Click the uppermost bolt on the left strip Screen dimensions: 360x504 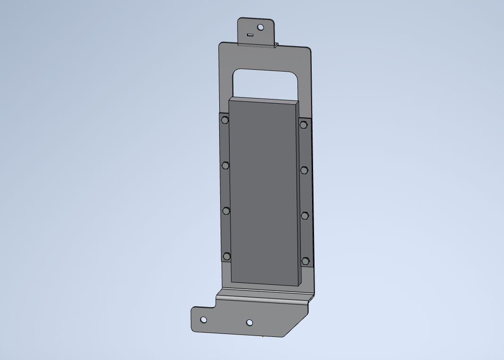click(x=225, y=120)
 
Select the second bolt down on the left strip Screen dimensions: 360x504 click(x=225, y=165)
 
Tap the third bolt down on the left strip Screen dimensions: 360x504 click(x=226, y=211)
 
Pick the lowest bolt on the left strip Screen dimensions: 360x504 click(x=227, y=256)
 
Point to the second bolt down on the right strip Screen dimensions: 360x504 click(x=304, y=170)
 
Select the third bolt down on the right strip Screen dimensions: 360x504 click(x=305, y=215)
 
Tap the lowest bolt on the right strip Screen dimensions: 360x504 click(x=306, y=261)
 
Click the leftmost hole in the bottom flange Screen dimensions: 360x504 click(x=203, y=320)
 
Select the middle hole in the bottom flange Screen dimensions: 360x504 click(x=249, y=323)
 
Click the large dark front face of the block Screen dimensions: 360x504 click(x=264, y=193)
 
